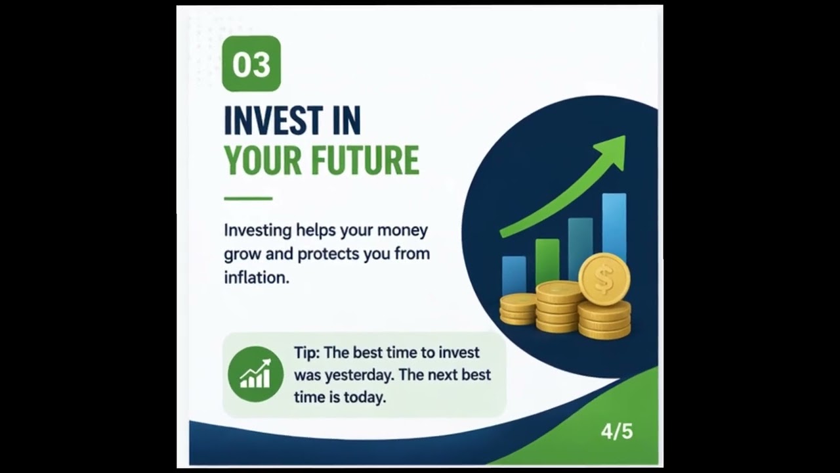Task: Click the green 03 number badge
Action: click(x=251, y=64)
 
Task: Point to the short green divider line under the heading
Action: click(x=247, y=198)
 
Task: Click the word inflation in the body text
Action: click(x=256, y=277)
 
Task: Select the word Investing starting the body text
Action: click(x=257, y=231)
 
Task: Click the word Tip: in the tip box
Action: click(x=306, y=353)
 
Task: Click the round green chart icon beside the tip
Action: click(x=255, y=374)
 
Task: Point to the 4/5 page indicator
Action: click(x=616, y=432)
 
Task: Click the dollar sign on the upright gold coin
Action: click(x=604, y=279)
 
